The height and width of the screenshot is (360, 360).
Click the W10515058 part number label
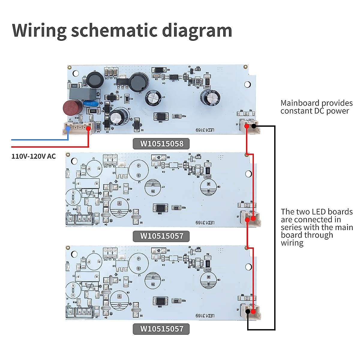coord(162,144)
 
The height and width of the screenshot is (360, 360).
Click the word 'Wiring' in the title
coord(39,31)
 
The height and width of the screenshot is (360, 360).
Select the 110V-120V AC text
coord(34,156)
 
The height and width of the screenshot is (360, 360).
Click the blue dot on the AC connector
coord(68,128)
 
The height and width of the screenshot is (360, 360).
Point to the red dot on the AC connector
coord(88,128)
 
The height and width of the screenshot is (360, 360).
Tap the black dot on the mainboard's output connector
coord(254,126)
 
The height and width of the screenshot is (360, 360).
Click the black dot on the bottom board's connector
coord(248,311)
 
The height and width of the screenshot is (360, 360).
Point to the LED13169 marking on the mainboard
coord(205,130)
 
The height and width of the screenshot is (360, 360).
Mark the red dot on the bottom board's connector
coord(253,311)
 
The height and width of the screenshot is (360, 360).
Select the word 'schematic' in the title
coord(114,31)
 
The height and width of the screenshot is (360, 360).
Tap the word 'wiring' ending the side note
coord(292,243)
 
